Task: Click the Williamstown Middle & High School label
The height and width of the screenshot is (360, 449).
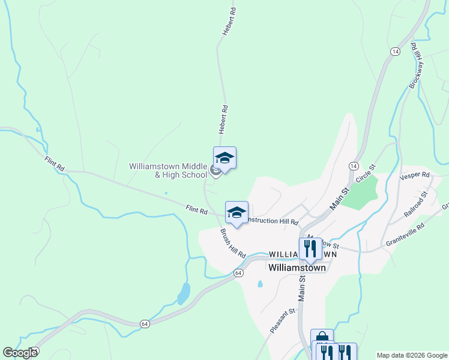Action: tap(168, 170)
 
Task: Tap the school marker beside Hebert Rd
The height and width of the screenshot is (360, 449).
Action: tap(224, 159)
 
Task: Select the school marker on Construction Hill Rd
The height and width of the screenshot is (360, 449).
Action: tap(237, 213)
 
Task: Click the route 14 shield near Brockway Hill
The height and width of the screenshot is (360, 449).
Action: tap(394, 52)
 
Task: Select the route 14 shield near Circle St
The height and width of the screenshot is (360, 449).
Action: tap(353, 165)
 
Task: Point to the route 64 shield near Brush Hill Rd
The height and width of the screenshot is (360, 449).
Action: tap(238, 273)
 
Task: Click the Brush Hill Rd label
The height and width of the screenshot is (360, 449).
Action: tap(233, 243)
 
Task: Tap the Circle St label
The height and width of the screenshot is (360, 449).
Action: tap(365, 173)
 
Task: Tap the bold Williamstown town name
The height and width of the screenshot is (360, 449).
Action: tap(297, 268)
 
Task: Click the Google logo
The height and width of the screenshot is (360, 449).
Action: tap(20, 353)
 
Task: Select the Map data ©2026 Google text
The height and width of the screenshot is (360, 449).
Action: tap(411, 355)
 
